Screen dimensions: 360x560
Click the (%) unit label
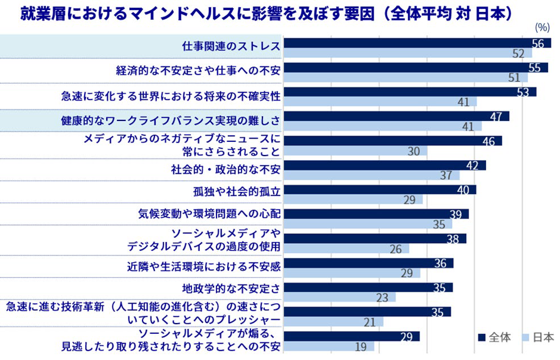[542, 27]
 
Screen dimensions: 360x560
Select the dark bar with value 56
[417, 43]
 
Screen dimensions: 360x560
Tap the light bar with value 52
[407, 53]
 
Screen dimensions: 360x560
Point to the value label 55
[534, 68]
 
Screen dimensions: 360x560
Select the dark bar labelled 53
[409, 92]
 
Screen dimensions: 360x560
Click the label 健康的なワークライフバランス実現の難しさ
[171, 120]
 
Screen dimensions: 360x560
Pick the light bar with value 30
[355, 151]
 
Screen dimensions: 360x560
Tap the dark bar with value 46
[392, 141]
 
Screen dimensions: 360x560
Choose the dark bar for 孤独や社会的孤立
[379, 190]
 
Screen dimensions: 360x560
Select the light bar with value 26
[346, 249]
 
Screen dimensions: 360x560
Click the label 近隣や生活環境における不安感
[204, 265]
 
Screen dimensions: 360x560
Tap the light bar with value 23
[339, 297]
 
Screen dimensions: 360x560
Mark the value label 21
[370, 322]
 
